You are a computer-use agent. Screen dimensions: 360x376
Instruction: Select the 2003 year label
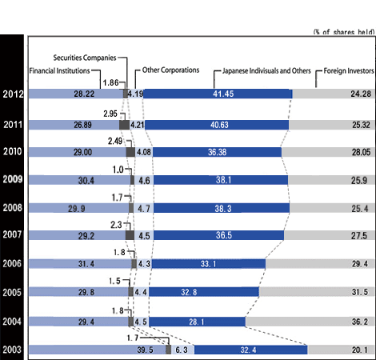click(12, 349)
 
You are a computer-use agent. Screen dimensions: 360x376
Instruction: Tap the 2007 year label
click(12, 236)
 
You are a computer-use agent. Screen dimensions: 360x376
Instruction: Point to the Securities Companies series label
click(84, 58)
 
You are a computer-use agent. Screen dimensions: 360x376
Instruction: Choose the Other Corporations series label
click(166, 70)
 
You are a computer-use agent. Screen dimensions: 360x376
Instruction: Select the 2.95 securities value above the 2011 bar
click(110, 114)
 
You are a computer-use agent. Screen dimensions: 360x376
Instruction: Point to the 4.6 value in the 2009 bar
click(142, 181)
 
